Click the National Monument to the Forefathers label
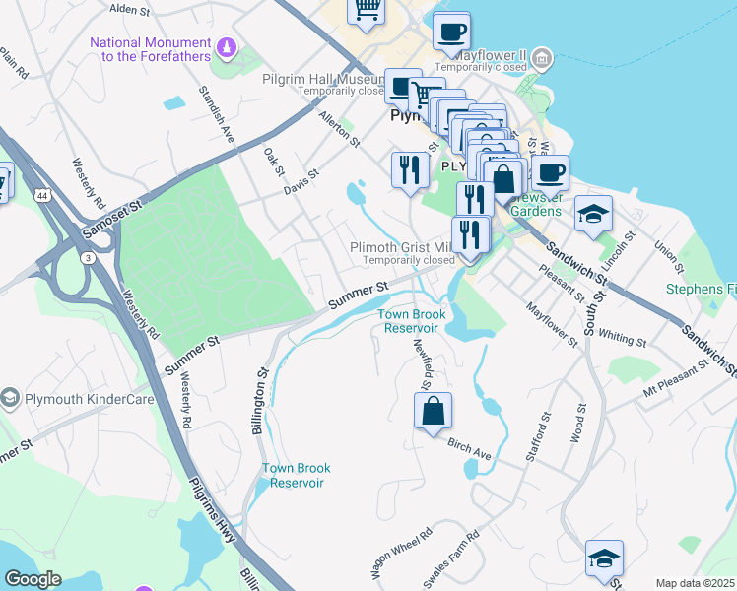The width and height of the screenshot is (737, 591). click(x=150, y=49)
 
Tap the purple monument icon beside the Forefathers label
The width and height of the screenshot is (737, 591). click(x=228, y=45)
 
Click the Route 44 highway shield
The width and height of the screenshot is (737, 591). click(x=44, y=197)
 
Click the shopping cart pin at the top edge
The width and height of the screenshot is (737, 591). click(x=367, y=10)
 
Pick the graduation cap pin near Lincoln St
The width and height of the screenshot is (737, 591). click(x=593, y=213)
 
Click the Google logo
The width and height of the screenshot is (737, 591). click(x=33, y=579)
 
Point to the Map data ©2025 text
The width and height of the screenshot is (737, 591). click(x=695, y=583)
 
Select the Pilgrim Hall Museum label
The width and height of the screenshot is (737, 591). click(x=321, y=79)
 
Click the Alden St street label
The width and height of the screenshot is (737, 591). click(x=129, y=9)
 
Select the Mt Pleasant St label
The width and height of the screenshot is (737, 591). click(x=675, y=377)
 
